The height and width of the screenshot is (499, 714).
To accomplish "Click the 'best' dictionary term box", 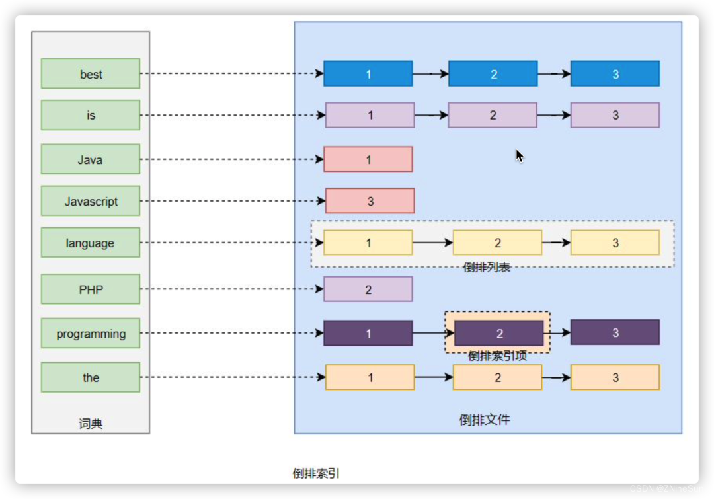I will (91, 73).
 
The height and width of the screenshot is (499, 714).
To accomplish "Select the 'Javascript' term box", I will (91, 201).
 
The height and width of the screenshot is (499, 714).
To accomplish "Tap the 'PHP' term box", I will (91, 289).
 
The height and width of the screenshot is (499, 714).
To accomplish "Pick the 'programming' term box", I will (91, 333).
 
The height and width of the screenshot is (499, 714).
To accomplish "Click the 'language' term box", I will (91, 243).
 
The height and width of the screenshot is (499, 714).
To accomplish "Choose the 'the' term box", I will (91, 377).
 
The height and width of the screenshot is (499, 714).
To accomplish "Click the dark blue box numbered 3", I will (615, 73).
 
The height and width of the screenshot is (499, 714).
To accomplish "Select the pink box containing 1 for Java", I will (368, 159).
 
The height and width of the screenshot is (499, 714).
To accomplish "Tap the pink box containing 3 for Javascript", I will (370, 201).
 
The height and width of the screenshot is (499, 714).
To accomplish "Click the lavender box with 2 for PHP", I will (368, 289).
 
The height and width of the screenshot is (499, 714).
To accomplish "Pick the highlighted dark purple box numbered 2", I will (499, 333).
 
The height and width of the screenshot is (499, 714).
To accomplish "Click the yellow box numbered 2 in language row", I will (497, 243).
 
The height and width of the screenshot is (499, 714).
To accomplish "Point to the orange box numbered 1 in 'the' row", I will (370, 377).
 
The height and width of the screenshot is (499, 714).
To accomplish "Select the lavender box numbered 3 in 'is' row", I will (615, 115).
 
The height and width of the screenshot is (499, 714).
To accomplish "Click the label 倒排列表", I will (487, 267).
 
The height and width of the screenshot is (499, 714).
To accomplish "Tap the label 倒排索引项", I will (497, 356).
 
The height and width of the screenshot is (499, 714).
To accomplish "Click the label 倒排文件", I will (485, 420).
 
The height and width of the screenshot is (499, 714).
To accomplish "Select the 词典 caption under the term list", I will (91, 424).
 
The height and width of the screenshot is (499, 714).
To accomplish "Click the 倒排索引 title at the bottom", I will (316, 473).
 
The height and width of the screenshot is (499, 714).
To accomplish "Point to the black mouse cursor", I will (519, 155).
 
